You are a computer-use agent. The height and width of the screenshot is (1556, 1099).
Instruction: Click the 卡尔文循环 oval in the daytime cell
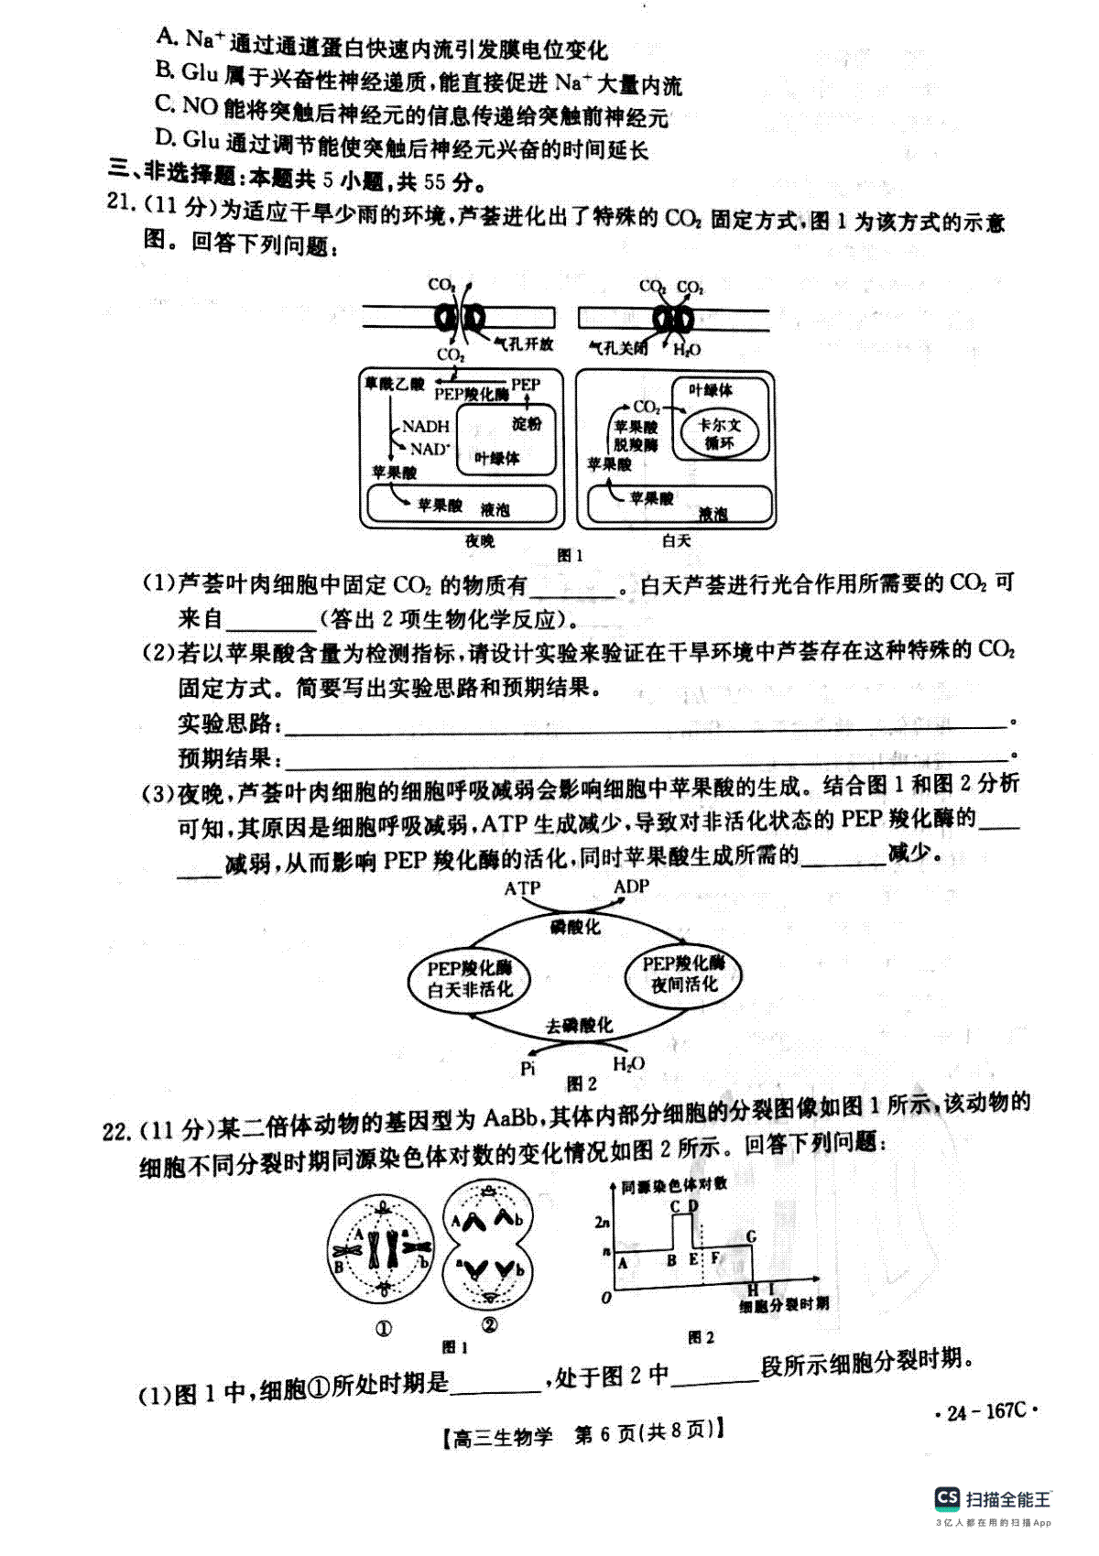pyautogui.click(x=719, y=433)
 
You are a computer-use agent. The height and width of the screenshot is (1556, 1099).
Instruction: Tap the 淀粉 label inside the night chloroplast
pyautogui.click(x=527, y=423)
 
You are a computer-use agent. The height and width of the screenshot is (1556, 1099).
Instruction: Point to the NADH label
pyautogui.click(x=425, y=426)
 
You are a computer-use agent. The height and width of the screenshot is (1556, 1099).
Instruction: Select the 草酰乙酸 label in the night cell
pyautogui.click(x=394, y=384)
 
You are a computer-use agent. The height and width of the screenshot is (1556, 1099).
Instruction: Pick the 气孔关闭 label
pyautogui.click(x=617, y=347)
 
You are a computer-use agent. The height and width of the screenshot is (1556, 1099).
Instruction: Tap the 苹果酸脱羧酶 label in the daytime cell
pyautogui.click(x=635, y=436)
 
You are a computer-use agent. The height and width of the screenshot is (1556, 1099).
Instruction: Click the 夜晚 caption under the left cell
pyautogui.click(x=480, y=540)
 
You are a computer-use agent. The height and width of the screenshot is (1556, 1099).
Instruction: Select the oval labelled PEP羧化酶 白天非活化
pyautogui.click(x=470, y=979)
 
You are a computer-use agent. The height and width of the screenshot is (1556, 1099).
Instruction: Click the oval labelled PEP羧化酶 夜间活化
pyautogui.click(x=683, y=974)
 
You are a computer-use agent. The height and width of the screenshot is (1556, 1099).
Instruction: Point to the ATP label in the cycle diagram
pyautogui.click(x=522, y=888)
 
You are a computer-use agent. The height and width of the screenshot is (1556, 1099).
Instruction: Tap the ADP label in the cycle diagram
pyautogui.click(x=631, y=887)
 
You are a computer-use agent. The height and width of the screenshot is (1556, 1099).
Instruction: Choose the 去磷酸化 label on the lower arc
pyautogui.click(x=579, y=1026)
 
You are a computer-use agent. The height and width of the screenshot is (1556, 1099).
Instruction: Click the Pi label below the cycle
pyautogui.click(x=528, y=1069)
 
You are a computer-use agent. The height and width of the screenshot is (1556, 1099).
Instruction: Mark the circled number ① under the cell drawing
pyautogui.click(x=384, y=1329)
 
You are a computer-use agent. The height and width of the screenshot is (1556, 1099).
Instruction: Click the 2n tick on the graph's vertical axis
pyautogui.click(x=603, y=1222)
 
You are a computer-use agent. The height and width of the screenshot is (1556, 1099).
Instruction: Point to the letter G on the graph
pyautogui.click(x=751, y=1236)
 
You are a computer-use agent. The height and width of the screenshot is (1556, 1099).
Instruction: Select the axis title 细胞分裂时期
pyautogui.click(x=784, y=1304)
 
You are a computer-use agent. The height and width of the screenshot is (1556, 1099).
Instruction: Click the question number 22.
pyautogui.click(x=116, y=1132)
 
